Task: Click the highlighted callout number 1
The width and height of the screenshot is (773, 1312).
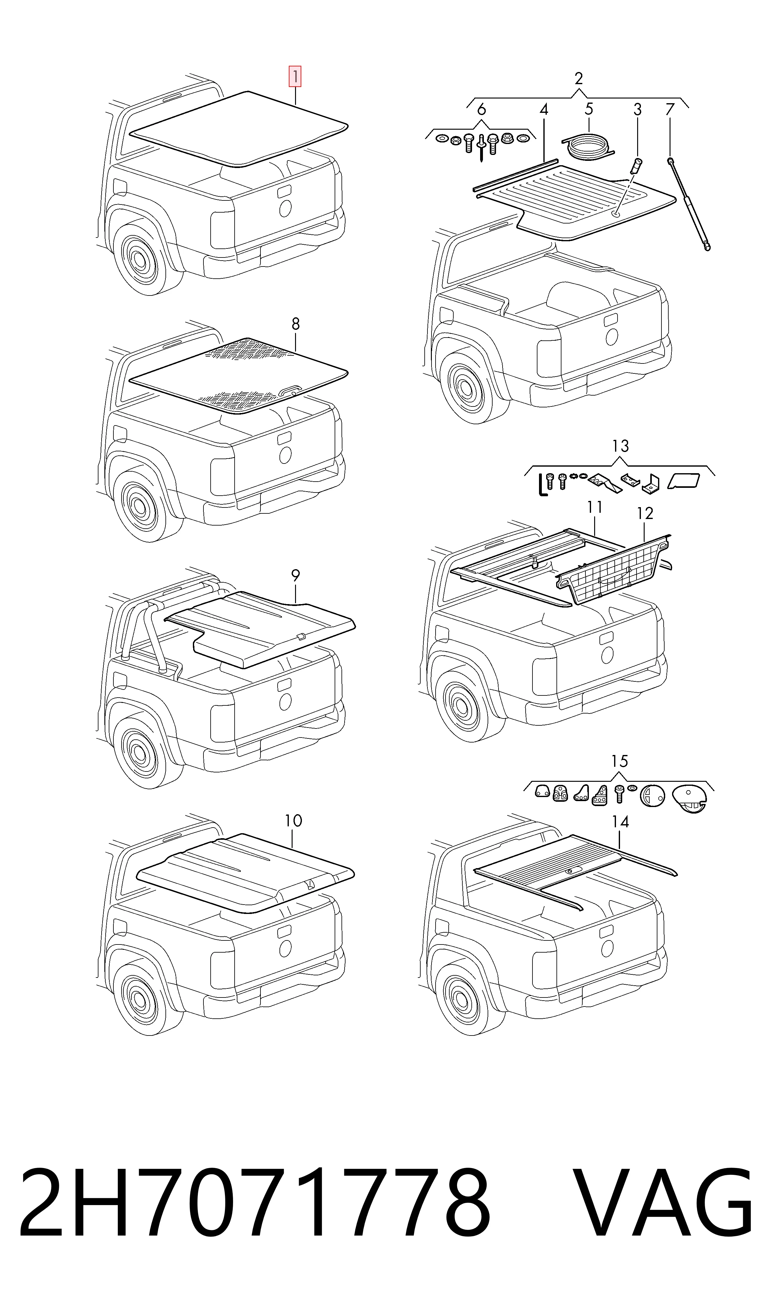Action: [295, 77]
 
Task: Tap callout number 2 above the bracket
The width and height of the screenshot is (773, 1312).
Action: [578, 79]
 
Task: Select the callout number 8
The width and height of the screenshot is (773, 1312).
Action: [295, 324]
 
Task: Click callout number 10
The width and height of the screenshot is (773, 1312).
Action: [293, 821]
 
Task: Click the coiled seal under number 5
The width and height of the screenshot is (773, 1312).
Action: [588, 145]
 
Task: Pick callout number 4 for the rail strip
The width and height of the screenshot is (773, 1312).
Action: [544, 109]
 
